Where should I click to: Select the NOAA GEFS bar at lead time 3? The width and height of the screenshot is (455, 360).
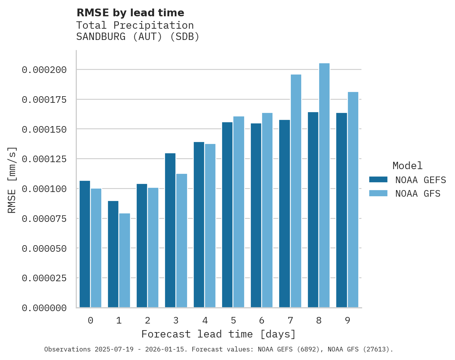click(170, 230)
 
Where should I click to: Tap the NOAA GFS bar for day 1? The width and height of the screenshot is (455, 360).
click(125, 260)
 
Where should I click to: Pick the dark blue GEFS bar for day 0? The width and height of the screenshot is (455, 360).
click(85, 244)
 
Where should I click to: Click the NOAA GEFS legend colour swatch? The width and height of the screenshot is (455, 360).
click(378, 180)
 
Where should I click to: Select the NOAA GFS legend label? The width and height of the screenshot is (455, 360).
click(418, 194)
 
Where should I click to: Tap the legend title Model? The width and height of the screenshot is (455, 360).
click(407, 166)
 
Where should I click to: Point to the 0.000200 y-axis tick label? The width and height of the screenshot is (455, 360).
click(44, 70)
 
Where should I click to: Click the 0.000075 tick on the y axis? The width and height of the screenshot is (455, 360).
click(44, 219)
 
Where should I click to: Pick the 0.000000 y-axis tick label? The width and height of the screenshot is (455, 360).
click(44, 308)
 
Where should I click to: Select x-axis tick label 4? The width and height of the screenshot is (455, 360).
click(205, 320)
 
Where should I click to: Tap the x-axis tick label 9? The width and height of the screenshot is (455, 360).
click(347, 320)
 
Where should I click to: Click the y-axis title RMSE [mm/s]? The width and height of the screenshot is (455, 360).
click(12, 180)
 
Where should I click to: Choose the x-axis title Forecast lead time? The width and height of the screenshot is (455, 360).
click(219, 334)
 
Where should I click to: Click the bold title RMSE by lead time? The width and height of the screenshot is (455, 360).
click(130, 13)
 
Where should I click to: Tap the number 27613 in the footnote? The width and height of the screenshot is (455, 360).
click(376, 349)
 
